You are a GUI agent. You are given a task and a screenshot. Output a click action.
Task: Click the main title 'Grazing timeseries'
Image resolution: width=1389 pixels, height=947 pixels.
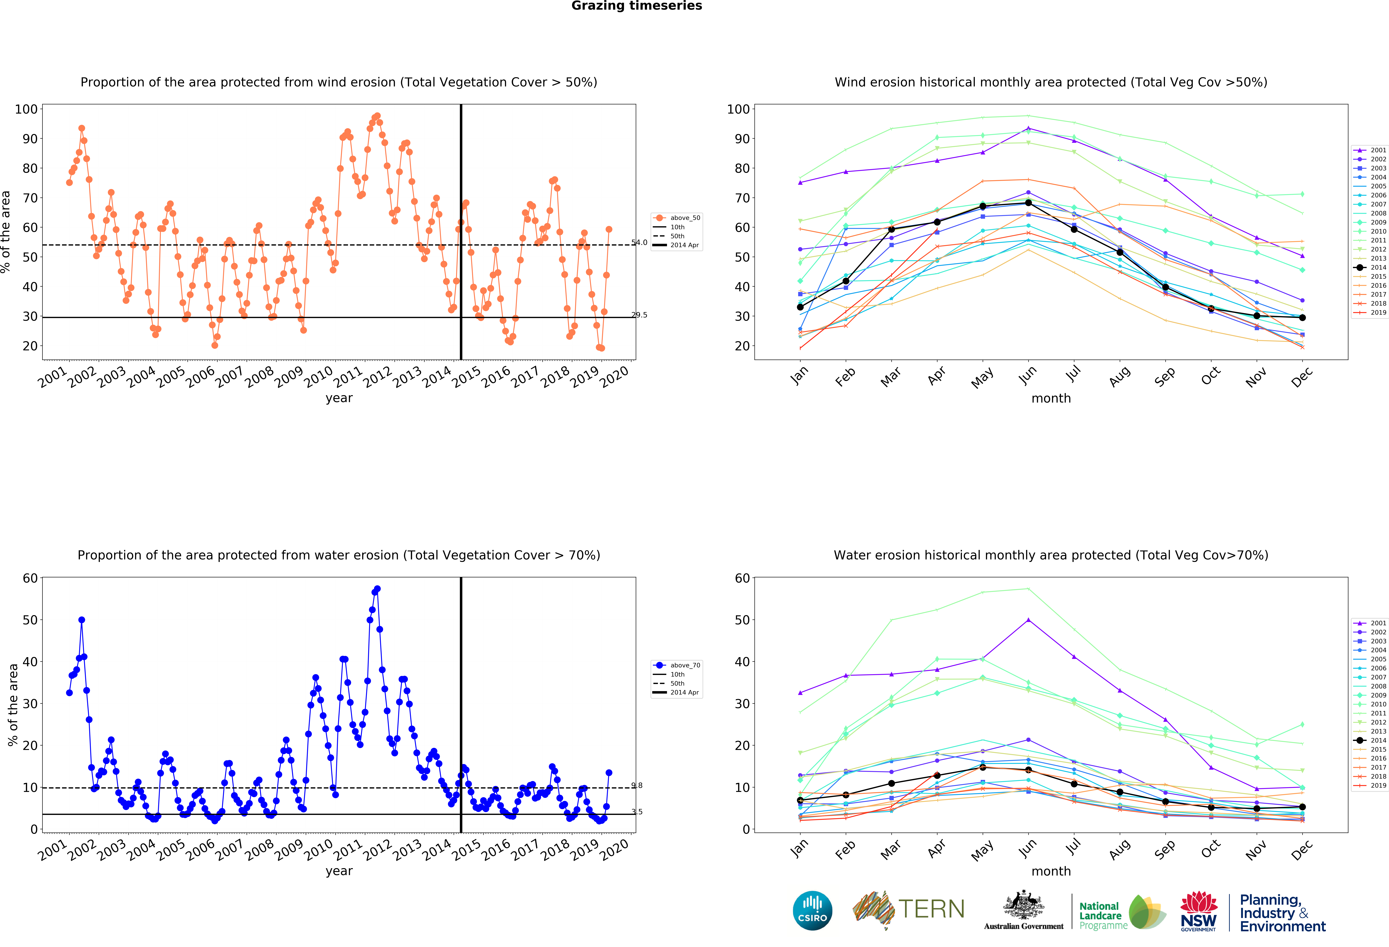pos(636,6)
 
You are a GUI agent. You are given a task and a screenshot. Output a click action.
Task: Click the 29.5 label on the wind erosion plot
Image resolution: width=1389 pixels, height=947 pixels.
pos(639,315)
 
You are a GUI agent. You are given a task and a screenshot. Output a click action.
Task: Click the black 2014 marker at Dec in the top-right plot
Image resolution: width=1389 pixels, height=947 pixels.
pos(1302,317)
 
